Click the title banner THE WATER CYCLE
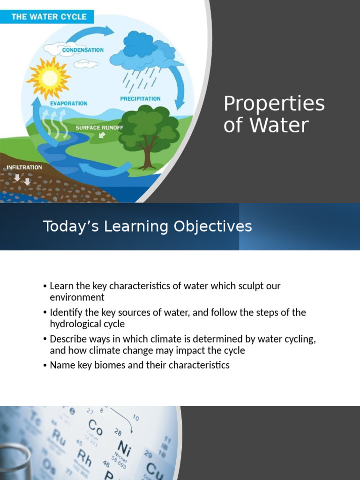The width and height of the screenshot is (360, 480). [x=49, y=16]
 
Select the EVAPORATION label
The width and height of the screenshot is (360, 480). [x=69, y=103]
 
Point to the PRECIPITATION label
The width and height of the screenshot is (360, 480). [x=140, y=99]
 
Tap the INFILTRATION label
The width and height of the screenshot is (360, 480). [x=24, y=167]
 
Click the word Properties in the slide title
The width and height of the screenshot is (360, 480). [x=274, y=104]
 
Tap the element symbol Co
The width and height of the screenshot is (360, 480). [x=96, y=427]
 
